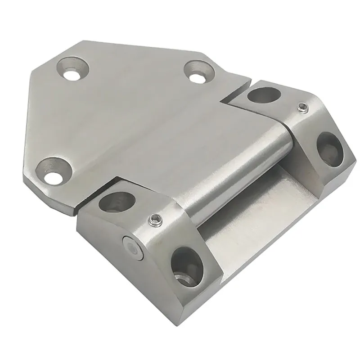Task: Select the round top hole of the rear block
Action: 262,95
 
